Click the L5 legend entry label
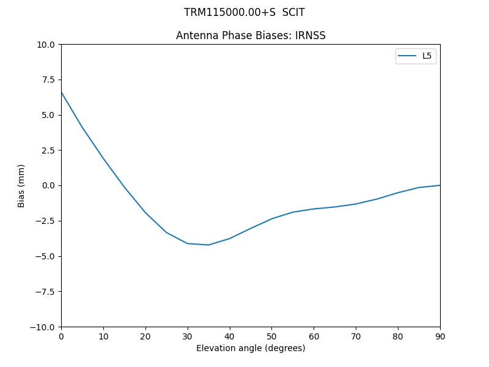click(427, 56)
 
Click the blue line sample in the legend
click(408, 56)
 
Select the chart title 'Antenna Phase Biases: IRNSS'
click(251, 35)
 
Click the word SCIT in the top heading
click(293, 12)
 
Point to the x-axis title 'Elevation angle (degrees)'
click(251, 349)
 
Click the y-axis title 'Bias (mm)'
click(21, 185)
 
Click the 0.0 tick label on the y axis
click(49, 185)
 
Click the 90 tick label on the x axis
click(440, 336)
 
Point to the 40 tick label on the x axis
click(230, 336)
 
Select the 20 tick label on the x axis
click(145, 336)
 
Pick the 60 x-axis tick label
click(314, 336)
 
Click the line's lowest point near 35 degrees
click(208, 245)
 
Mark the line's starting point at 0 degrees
click(61, 92)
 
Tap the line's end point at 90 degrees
click(439, 185)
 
